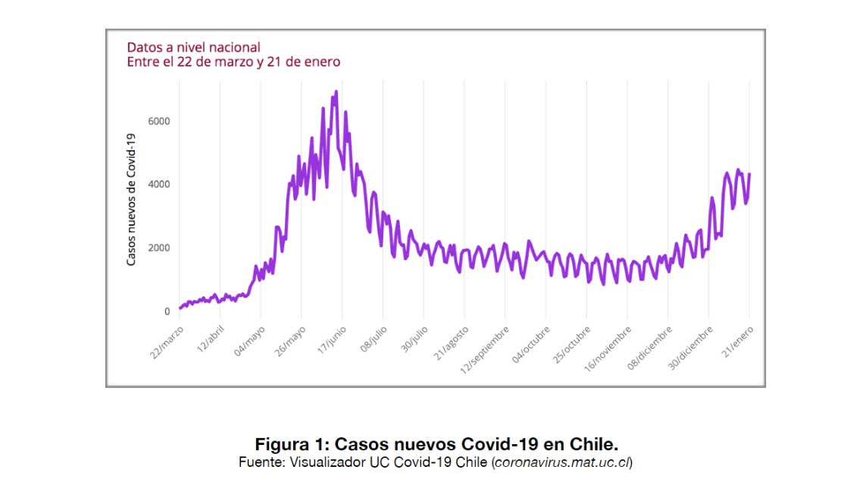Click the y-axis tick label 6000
[159, 121]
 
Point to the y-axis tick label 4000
[159, 184]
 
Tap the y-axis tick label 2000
[159, 248]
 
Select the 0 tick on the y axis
[166, 312]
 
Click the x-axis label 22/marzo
[167, 342]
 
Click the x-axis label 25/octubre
[573, 344]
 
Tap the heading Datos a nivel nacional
[193, 47]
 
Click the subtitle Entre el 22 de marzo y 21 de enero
[233, 62]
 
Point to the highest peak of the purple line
[336, 92]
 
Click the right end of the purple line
[749, 174]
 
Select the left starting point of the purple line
[180, 309]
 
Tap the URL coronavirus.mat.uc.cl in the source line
[561, 462]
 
